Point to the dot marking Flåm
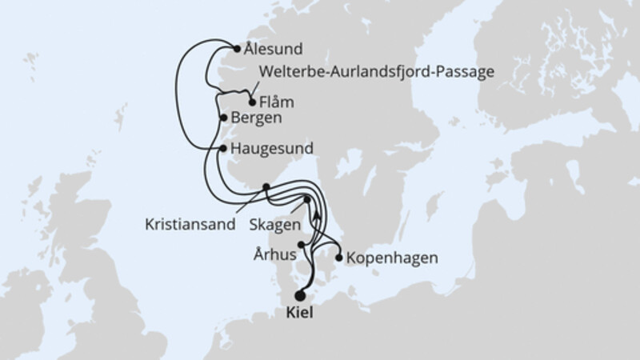tap(253, 102)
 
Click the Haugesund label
tap(270, 148)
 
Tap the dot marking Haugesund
tap(223, 148)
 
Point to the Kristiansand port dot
tap(266, 187)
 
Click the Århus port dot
tap(302, 245)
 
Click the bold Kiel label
tap(301, 314)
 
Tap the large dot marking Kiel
tap(301, 294)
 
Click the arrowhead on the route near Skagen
tap(318, 214)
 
